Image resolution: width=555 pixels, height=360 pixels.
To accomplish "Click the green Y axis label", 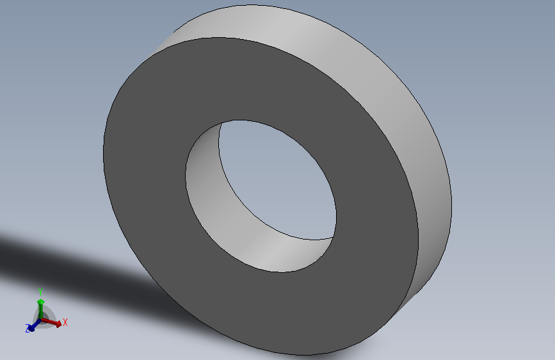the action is [x=40, y=292].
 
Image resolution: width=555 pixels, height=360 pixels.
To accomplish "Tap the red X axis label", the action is [x=65, y=322].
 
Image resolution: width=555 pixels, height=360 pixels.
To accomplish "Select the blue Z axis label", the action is [x=28, y=329].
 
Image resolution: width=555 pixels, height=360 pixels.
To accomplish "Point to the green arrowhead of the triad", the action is [x=41, y=302].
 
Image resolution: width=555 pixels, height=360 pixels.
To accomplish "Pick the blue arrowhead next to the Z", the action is [x=31, y=328].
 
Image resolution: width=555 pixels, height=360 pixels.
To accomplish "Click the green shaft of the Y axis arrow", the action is [x=41, y=312].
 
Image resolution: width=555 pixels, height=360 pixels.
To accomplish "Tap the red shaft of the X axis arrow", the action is [x=49, y=322].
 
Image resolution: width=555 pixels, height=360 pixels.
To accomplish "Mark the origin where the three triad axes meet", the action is [x=41, y=320].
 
